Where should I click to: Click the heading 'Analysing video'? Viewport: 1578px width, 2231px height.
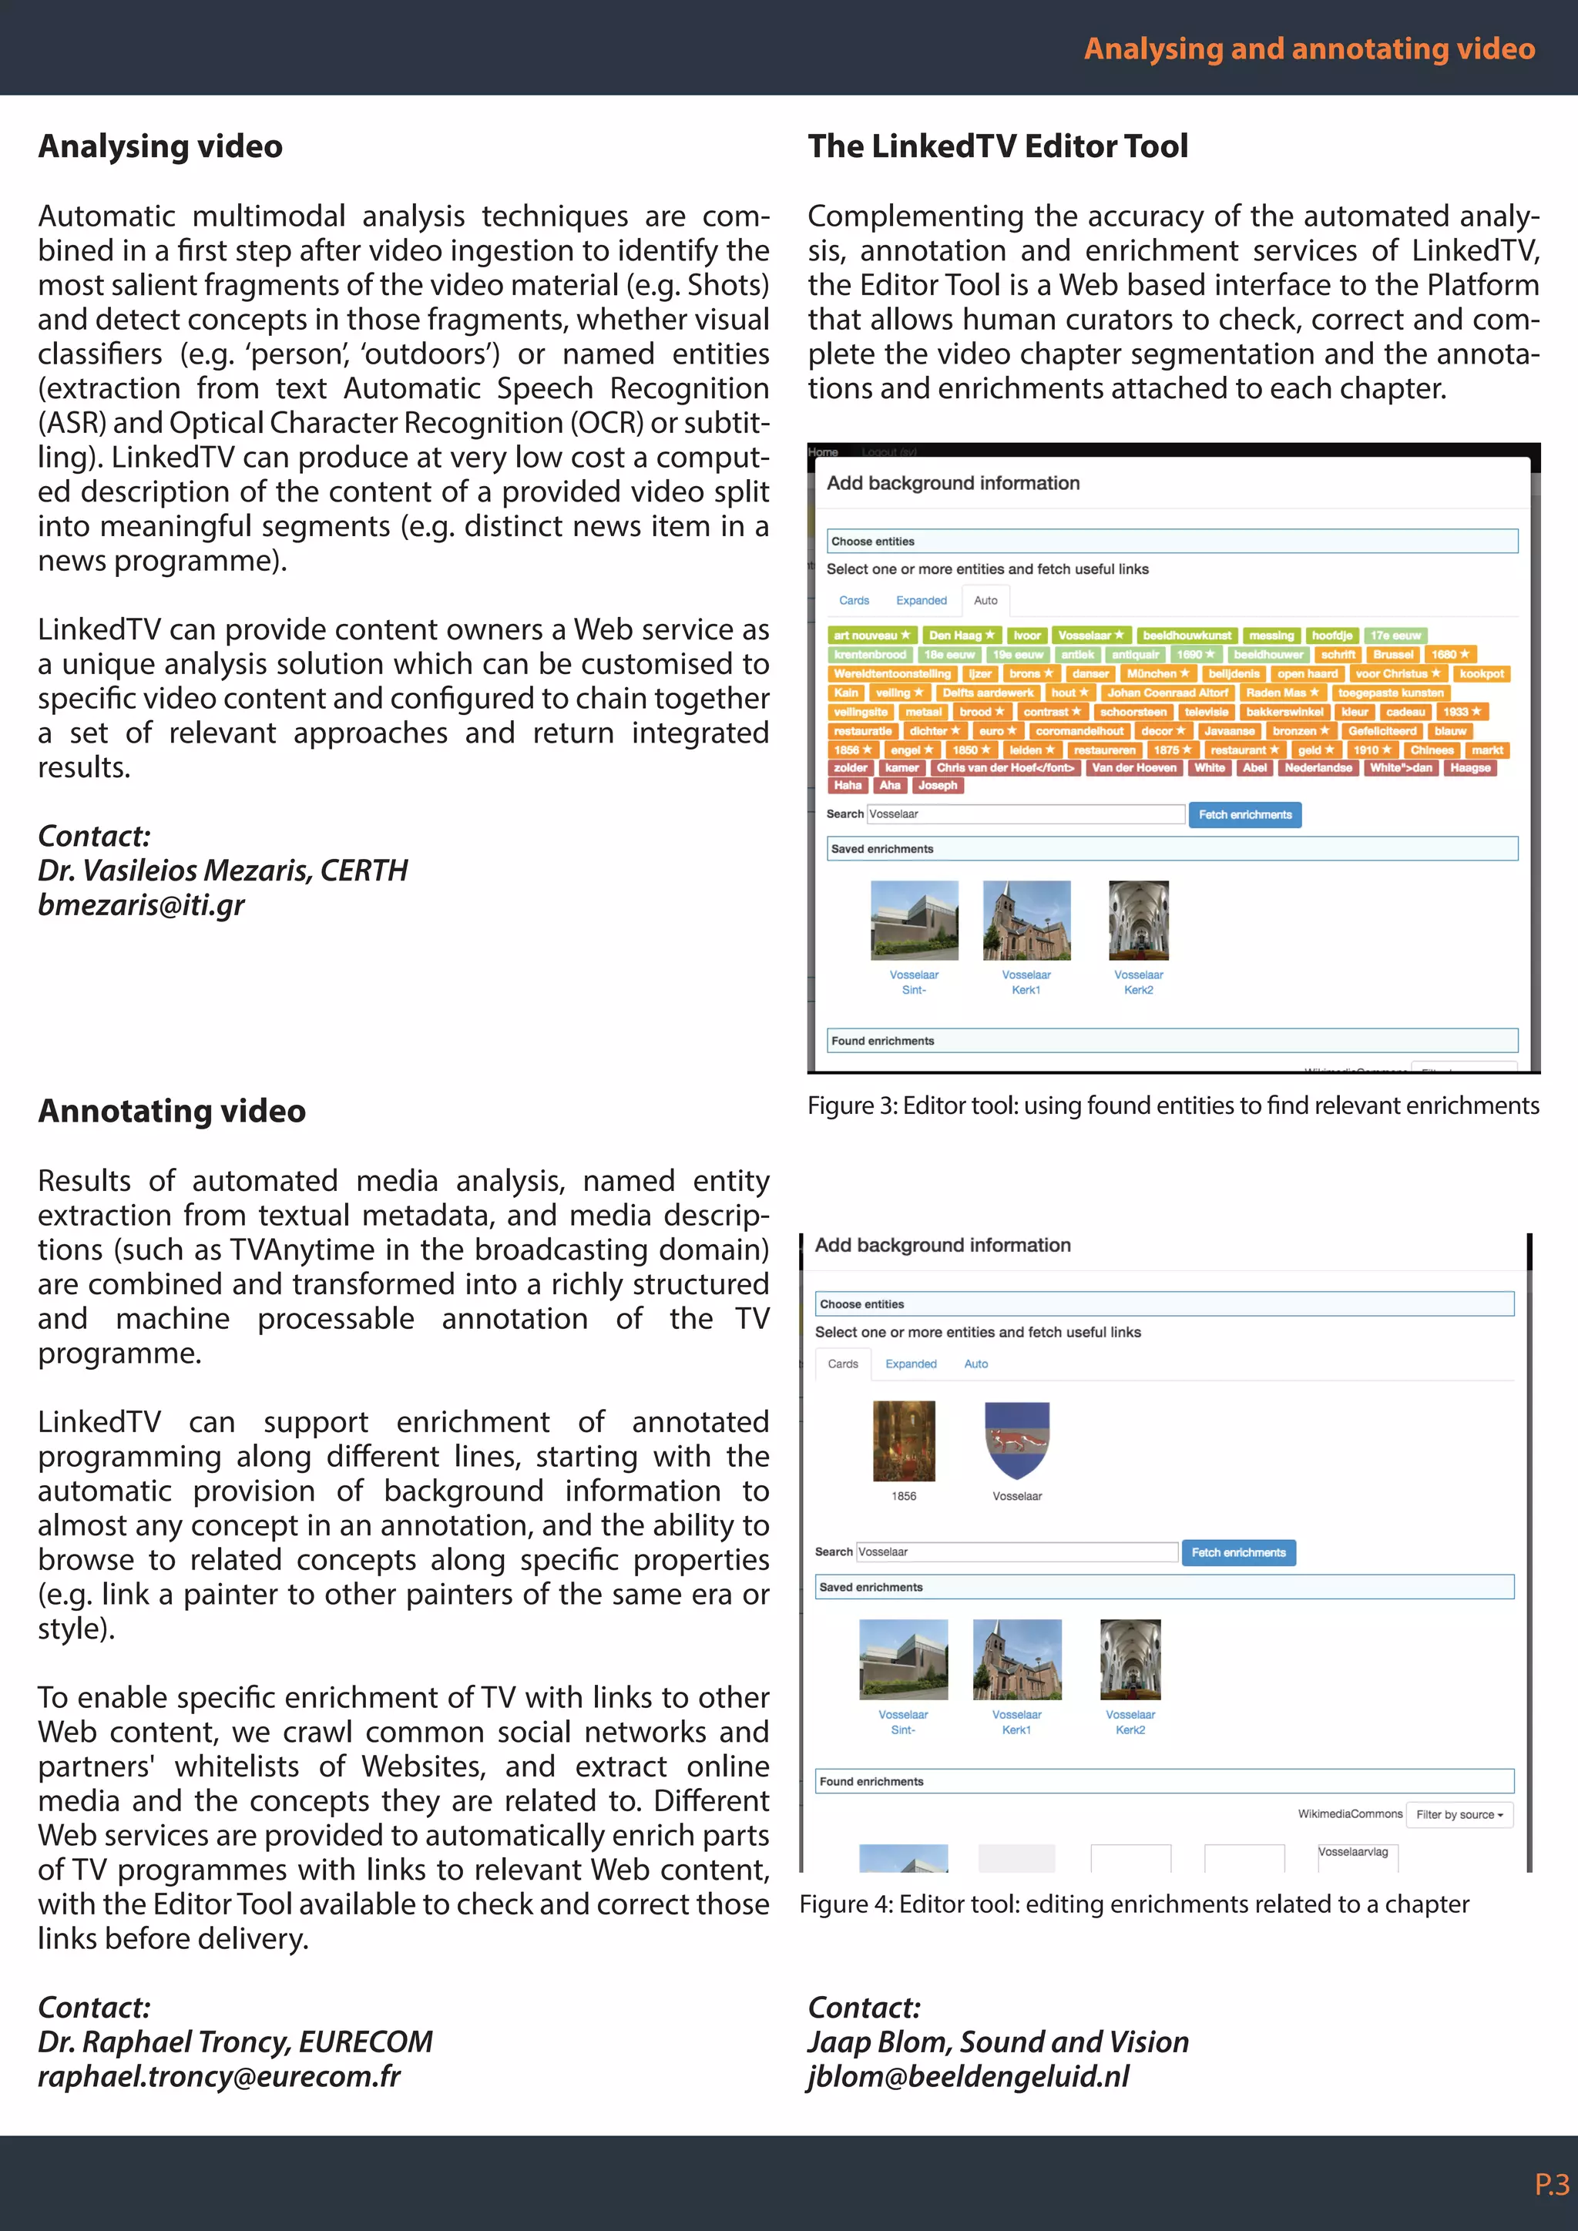coord(160,146)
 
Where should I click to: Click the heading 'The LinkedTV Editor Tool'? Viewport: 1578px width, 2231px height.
coord(997,146)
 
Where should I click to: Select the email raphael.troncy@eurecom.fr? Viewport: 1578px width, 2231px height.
coord(219,2076)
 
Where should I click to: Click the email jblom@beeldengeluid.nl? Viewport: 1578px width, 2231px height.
coord(968,2076)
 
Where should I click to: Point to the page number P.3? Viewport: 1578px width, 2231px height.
coord(1551,2186)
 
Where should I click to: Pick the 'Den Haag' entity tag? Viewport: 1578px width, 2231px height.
coord(960,636)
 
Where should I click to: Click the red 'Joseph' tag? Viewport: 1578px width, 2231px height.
coord(937,785)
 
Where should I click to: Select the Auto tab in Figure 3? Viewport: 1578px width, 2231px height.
coord(985,600)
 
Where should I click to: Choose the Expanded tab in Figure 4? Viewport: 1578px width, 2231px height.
coord(911,1364)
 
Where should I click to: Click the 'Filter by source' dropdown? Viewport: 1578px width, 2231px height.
coord(1459,1814)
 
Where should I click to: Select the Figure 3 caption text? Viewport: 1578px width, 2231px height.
coord(1173,1105)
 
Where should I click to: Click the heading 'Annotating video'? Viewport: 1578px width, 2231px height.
coord(171,1111)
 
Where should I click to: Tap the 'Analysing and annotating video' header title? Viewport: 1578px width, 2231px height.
coord(1309,49)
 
